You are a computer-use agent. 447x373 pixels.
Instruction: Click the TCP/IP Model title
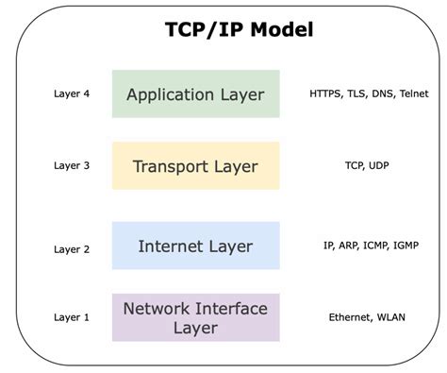pos(240,30)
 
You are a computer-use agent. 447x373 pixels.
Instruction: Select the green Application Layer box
pos(196,93)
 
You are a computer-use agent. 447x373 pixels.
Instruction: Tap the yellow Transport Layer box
pos(196,165)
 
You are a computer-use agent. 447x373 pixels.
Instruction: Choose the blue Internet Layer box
pos(196,246)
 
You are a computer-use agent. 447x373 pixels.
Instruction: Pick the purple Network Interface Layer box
pos(196,317)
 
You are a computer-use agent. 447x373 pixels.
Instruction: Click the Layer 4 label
pos(72,93)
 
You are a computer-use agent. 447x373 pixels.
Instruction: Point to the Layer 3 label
pos(72,165)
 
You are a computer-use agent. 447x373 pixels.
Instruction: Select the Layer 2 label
pos(72,249)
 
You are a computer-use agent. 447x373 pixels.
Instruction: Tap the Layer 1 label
pos(72,317)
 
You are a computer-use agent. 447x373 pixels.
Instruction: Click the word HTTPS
pos(325,93)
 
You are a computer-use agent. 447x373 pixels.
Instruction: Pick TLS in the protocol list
pos(357,93)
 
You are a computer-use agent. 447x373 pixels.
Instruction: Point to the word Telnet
pos(414,93)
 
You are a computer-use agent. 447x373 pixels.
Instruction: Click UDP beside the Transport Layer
pos(379,165)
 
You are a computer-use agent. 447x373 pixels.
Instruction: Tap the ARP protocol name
pos(348,246)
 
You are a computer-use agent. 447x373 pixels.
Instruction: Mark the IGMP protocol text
pos(406,246)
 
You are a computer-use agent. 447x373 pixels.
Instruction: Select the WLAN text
pos(391,317)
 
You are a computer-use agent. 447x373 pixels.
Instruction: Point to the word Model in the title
pos(282,30)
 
